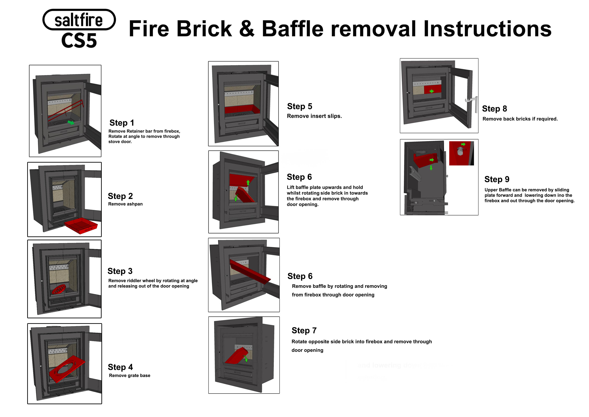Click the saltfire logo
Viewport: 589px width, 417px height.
point(79,20)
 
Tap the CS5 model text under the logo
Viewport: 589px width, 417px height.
point(79,41)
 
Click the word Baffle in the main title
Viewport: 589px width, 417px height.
point(292,29)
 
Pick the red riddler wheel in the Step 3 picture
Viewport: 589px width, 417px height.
point(59,289)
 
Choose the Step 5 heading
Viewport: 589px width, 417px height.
point(299,106)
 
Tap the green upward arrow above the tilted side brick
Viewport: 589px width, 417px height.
point(248,183)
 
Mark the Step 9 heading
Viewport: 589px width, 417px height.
point(497,179)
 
